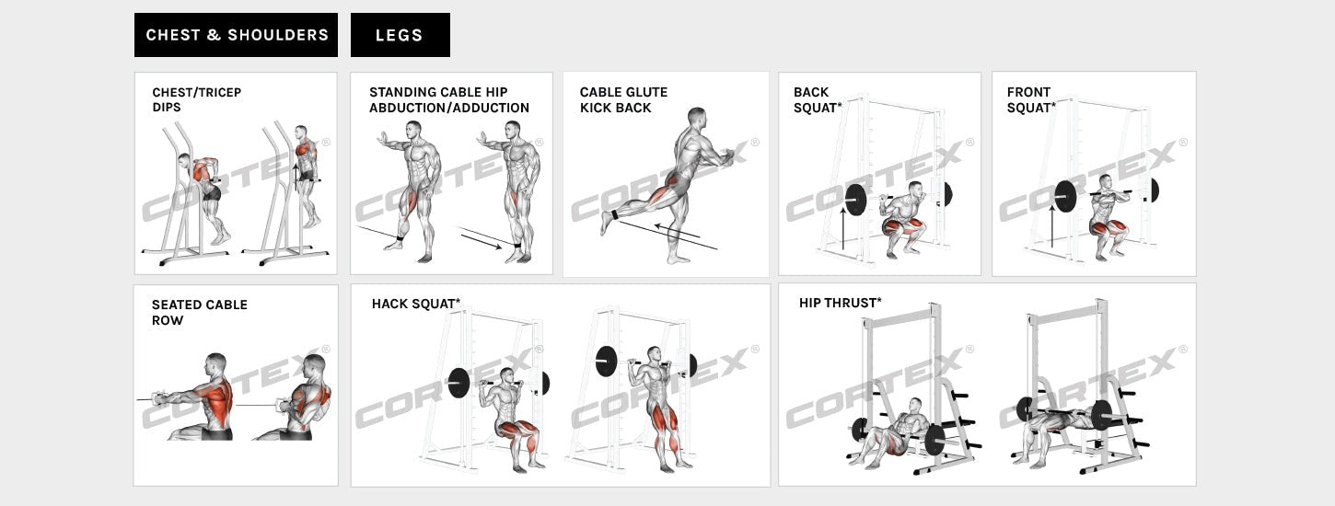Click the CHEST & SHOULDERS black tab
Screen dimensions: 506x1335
(x=236, y=35)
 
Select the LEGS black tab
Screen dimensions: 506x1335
(x=400, y=35)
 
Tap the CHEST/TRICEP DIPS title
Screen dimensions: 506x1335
(x=197, y=99)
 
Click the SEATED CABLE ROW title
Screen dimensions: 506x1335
(x=200, y=312)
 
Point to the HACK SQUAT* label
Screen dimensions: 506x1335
(x=416, y=304)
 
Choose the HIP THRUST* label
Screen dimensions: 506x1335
(x=840, y=303)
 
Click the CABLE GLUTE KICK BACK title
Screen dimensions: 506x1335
(x=623, y=99)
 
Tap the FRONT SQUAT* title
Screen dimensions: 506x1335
(x=1031, y=99)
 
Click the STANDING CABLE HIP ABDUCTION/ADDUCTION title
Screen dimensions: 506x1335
(x=449, y=99)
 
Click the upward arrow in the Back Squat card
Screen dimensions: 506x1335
(x=842, y=228)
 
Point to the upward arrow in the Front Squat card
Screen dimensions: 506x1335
(x=1052, y=226)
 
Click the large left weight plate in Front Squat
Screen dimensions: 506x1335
(x=1065, y=195)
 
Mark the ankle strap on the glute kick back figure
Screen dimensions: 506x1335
(x=612, y=216)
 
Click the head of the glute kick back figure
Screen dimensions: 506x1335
(x=697, y=119)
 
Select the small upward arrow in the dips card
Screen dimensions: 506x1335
(x=296, y=176)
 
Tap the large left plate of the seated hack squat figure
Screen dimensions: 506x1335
(x=459, y=382)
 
